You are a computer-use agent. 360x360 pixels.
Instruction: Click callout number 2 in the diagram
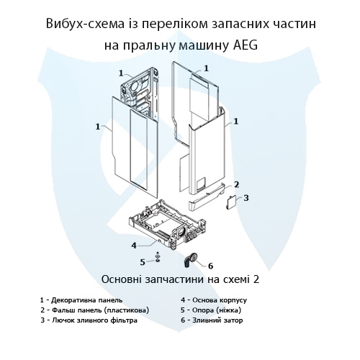[x=237, y=184]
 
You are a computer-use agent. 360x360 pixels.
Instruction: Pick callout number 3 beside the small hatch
[x=246, y=197]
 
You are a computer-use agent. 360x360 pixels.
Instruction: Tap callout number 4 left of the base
[x=134, y=245]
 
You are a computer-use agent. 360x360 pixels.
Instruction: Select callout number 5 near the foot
[x=143, y=261]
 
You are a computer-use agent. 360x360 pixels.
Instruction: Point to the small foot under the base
[x=158, y=258]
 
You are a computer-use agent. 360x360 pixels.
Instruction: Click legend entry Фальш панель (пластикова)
[x=95, y=309]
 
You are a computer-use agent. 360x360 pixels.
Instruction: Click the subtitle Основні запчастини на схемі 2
[x=179, y=279]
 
